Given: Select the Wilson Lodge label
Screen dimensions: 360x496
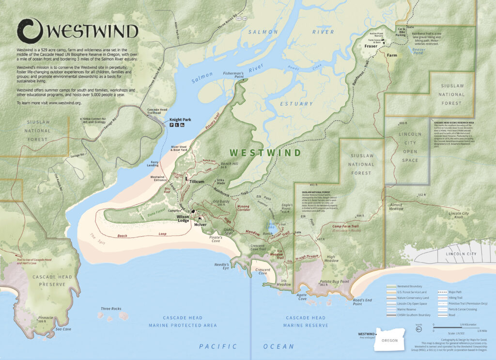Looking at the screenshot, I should (x=183, y=219).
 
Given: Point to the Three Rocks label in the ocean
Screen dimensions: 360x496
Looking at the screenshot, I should (x=111, y=309).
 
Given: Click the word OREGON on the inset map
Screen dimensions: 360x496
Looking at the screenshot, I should (x=389, y=341).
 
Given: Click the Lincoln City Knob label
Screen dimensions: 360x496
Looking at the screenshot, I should (x=459, y=216).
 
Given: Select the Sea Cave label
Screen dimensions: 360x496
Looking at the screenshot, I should (x=63, y=329).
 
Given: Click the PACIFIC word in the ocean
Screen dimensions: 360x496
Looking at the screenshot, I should (x=218, y=346).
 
